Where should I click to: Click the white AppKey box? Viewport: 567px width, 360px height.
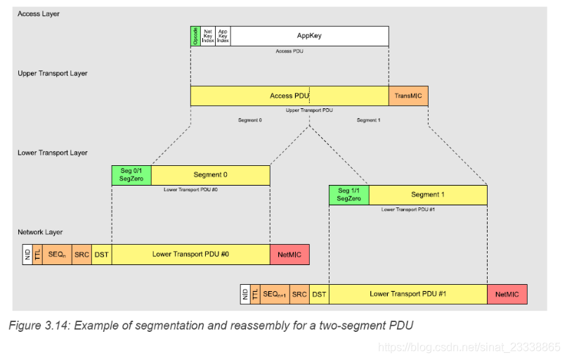point(309,36)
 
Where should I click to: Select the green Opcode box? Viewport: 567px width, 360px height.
point(195,36)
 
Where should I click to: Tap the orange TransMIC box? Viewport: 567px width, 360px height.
point(408,96)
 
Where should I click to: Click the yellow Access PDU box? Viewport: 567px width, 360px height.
point(289,96)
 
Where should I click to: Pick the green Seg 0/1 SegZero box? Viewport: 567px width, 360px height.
point(131,175)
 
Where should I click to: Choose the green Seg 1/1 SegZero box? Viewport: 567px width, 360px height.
point(348,195)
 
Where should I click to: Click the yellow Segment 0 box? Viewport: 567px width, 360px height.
point(211,175)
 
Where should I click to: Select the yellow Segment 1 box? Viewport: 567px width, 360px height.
point(427,195)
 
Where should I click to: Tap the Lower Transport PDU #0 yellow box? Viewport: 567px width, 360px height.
point(190,254)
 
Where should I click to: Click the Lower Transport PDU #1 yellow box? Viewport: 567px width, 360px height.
point(408,294)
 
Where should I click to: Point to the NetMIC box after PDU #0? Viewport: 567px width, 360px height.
point(289,254)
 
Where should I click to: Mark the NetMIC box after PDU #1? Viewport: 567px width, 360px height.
point(507,294)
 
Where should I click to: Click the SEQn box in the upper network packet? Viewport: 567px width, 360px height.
point(57,254)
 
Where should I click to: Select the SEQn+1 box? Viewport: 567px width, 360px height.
point(274,294)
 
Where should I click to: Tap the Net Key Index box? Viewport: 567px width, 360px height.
point(208,36)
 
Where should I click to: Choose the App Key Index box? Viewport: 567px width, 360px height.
point(223,36)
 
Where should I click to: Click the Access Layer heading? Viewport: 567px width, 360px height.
point(39,13)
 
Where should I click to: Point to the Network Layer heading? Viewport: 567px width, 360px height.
point(41,232)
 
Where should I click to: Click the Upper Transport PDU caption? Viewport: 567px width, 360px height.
point(309,110)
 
